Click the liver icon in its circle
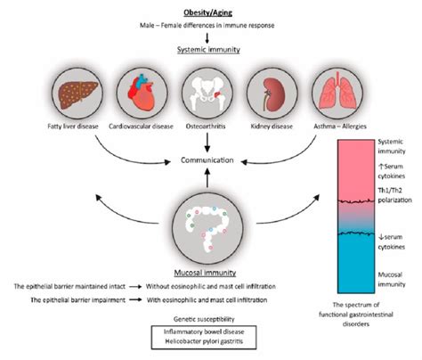(69, 100)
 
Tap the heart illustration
(138, 100)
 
